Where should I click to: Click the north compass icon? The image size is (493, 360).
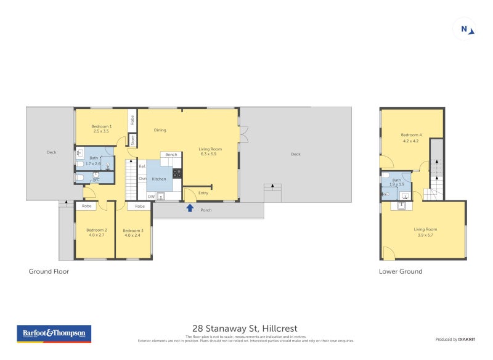coord(465,29)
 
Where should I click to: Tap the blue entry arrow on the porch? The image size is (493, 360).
coord(190,208)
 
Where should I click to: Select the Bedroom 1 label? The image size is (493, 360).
coord(102,128)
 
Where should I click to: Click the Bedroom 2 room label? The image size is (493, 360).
coord(97,232)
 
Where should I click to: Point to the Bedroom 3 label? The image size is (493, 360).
coord(132,232)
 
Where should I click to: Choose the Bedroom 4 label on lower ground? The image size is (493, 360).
coord(411,137)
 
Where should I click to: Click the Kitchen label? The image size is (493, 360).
coord(159,179)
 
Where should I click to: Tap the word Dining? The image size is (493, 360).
coord(160,130)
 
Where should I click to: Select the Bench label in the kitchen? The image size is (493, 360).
coord(171,155)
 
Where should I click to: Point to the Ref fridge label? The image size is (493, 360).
coord(142,166)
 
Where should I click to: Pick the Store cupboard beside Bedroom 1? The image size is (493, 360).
coord(132,140)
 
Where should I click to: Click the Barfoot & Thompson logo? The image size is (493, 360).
coord(54,333)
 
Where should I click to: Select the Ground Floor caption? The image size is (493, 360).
coord(49,271)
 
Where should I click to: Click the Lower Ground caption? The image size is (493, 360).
coord(401,271)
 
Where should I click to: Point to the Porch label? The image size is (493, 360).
coord(206,210)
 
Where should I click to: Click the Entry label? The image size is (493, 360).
coord(203,194)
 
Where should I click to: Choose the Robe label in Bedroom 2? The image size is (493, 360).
coord(87,206)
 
